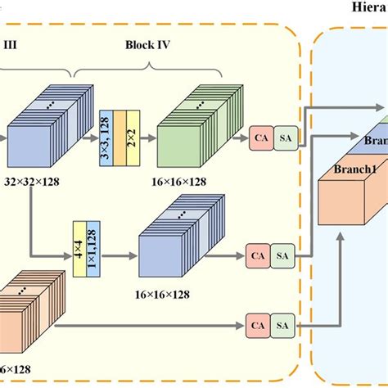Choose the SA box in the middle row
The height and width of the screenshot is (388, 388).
coord(282,256)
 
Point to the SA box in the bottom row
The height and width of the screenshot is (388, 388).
coord(282,324)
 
